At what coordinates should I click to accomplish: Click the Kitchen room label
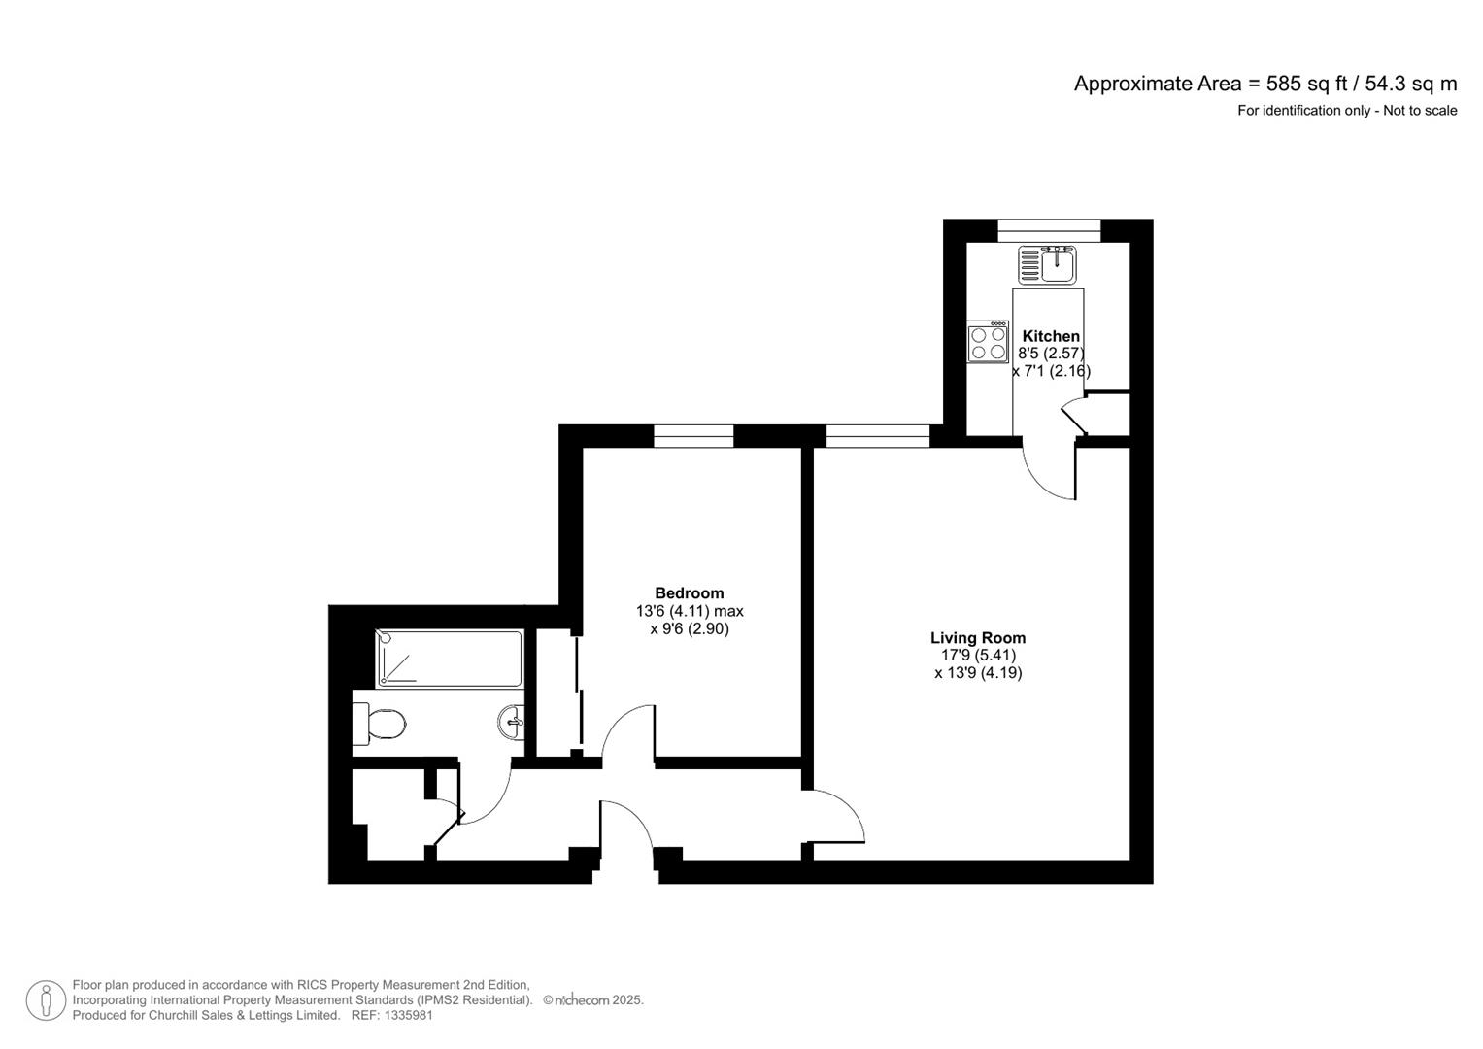pyautogui.click(x=1051, y=336)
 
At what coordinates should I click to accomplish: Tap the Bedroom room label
pyautogui.click(x=689, y=593)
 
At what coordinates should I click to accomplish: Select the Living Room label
pyautogui.click(x=978, y=638)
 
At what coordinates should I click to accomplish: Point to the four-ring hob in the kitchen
pyautogui.click(x=988, y=343)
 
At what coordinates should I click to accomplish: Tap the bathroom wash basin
pyautogui.click(x=512, y=722)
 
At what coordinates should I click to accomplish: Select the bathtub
pyautogui.click(x=449, y=659)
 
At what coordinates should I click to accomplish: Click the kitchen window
pyautogui.click(x=1049, y=230)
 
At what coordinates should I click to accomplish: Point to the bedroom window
pyautogui.click(x=693, y=436)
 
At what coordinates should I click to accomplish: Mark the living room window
pyautogui.click(x=878, y=436)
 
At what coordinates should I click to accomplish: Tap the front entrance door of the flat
pyautogui.click(x=626, y=835)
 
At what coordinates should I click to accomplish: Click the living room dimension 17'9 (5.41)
pyautogui.click(x=978, y=656)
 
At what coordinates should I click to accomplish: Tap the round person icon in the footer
pyautogui.click(x=46, y=1000)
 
